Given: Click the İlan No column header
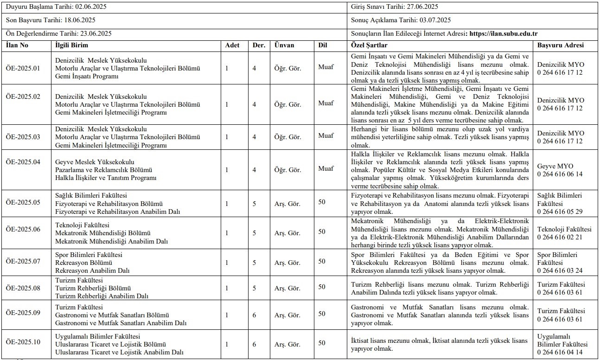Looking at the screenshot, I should tap(17, 45).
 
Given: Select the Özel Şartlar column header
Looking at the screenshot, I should tap(369, 45).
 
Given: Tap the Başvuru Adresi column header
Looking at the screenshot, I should tap(561, 45).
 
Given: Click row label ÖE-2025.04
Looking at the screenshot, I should tap(23, 162).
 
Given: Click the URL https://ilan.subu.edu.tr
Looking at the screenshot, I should tap(504, 33).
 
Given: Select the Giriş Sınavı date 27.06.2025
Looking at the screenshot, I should tap(422, 6).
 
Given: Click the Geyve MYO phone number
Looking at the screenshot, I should tap(560, 174).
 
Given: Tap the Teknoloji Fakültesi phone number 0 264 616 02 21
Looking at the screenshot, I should tap(560, 237).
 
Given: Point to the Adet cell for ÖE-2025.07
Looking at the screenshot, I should tap(227, 262).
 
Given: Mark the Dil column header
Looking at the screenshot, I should tap(323, 45).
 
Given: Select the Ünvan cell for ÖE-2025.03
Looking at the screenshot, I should tap(287, 137).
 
